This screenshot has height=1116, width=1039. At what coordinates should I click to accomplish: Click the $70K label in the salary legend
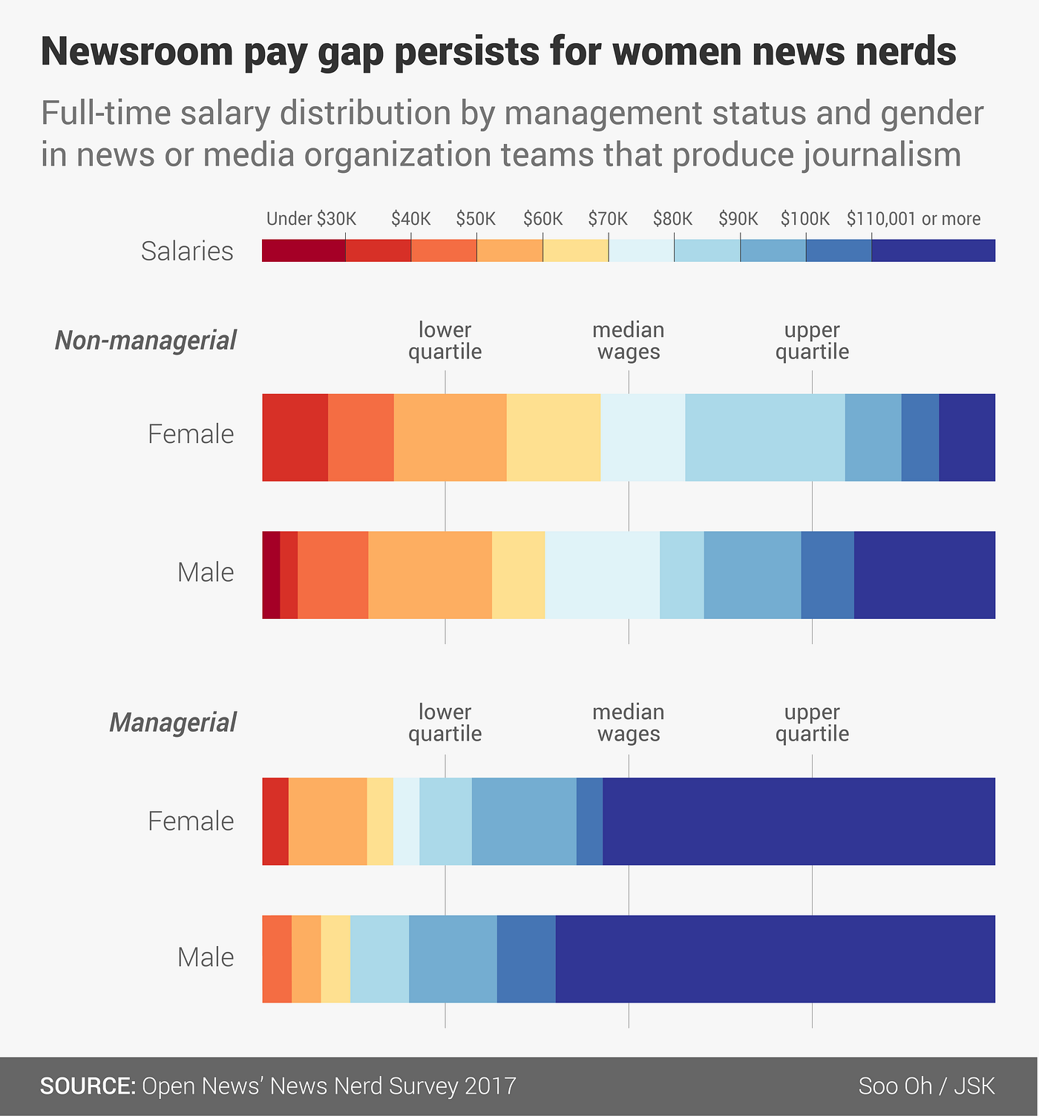(x=608, y=219)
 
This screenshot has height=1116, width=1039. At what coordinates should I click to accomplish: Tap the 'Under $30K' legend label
(x=311, y=219)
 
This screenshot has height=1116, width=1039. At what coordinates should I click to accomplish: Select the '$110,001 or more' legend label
(x=914, y=219)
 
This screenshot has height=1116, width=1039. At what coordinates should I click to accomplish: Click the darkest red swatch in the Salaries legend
(x=304, y=251)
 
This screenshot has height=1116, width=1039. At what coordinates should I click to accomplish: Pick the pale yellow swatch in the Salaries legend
(x=575, y=251)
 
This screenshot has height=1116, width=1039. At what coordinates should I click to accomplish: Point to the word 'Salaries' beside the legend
(x=187, y=252)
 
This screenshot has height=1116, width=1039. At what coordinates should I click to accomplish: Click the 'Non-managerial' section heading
(x=145, y=341)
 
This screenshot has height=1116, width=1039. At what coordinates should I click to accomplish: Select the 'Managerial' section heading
(x=173, y=723)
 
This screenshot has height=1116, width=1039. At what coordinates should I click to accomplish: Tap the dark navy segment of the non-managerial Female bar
(x=967, y=438)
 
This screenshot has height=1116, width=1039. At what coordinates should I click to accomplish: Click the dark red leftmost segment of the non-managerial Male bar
(x=271, y=575)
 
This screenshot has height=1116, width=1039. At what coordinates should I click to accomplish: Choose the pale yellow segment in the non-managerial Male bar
(x=518, y=575)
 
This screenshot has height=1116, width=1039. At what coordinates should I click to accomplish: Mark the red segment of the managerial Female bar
(x=275, y=821)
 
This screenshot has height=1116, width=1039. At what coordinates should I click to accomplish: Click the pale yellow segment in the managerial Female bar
(x=380, y=821)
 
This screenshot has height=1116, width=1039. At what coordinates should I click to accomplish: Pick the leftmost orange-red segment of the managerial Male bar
(x=277, y=959)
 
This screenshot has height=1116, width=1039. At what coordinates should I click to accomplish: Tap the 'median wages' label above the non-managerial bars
(x=629, y=341)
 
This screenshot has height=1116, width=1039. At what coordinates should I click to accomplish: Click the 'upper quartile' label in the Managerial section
(x=812, y=723)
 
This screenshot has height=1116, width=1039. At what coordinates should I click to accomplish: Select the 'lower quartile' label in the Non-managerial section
(x=445, y=341)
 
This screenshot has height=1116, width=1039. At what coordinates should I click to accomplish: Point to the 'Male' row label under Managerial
(x=206, y=957)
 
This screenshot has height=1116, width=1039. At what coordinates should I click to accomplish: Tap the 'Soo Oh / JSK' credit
(x=926, y=1086)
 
